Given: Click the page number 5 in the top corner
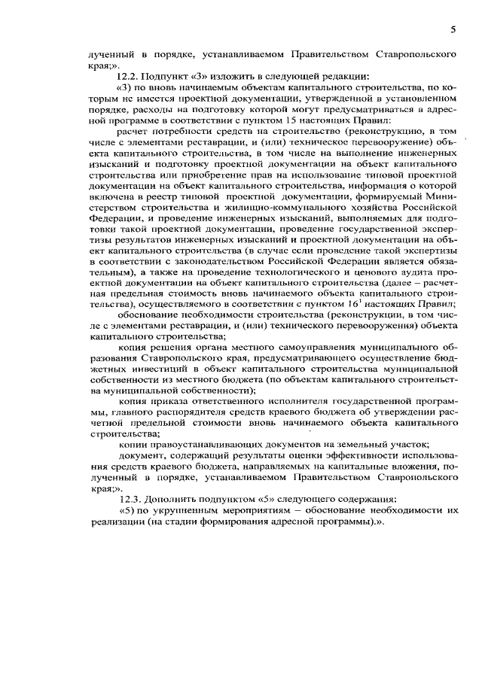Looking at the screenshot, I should [453, 30].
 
